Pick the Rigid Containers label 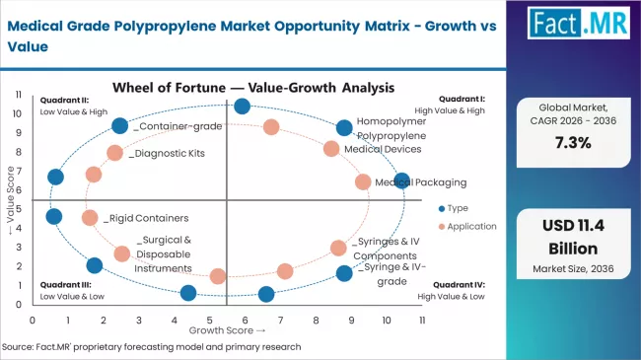coord(148,218)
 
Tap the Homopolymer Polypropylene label coord(392,127)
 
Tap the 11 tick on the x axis coord(421,320)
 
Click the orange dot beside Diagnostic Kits coord(115,153)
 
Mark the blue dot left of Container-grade coord(120,125)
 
